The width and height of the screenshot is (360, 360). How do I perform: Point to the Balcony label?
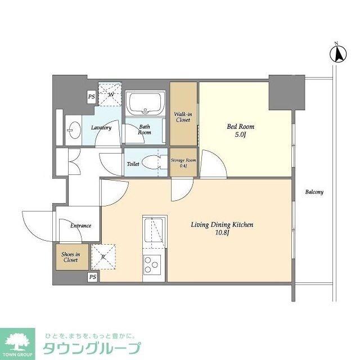point(314,192)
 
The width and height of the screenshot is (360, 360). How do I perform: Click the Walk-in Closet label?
point(183,116)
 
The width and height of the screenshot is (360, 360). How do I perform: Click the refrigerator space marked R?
point(103,256)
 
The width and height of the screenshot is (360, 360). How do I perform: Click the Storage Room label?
point(183,163)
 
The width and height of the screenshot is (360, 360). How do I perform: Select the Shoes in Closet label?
point(70,256)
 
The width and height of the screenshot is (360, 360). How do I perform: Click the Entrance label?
point(80,226)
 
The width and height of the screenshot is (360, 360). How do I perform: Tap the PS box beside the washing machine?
point(91,97)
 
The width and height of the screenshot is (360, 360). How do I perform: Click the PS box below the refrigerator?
point(93,277)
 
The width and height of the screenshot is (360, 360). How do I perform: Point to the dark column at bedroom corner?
point(287,92)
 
